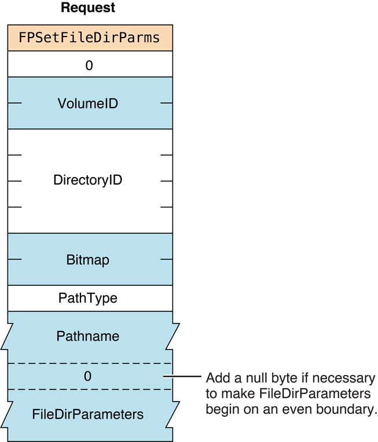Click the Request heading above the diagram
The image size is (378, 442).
pos(88,8)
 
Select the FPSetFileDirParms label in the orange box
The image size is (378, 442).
pos(90,38)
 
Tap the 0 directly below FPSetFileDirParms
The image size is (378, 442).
pos(89,65)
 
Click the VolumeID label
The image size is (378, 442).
pos(88,104)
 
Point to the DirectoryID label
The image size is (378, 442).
pos(88,180)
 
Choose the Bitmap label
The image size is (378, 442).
pos(88,260)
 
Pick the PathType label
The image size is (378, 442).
pos(88,299)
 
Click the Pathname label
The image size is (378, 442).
pos(88,336)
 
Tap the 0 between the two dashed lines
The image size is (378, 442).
pos(88,377)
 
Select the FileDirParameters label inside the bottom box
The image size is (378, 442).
pos(88,414)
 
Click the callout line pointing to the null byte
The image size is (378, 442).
pos(182,377)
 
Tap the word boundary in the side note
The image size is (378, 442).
pos(347,410)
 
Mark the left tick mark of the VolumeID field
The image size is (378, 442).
pos(15,104)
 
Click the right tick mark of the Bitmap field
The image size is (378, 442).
pos(166,260)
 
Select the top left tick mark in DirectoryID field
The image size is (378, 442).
pos(15,155)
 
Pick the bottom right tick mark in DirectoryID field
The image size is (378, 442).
pos(166,207)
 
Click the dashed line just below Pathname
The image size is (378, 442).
pos(90,363)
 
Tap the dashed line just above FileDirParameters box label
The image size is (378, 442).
pos(90,389)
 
